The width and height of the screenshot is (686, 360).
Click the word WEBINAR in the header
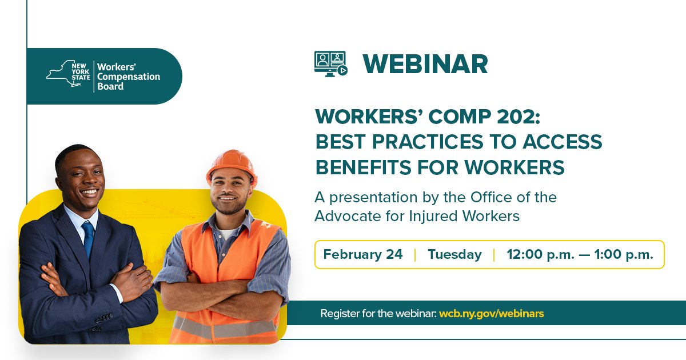pyautogui.click(x=425, y=64)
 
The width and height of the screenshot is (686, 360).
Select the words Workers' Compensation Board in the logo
pyautogui.click(x=128, y=76)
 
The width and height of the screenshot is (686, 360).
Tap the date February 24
pyautogui.click(x=363, y=254)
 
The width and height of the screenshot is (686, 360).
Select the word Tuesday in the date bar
pyautogui.click(x=454, y=254)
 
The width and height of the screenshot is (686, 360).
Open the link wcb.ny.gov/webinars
pyautogui.click(x=492, y=313)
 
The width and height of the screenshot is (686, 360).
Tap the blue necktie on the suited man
pyautogui.click(x=88, y=238)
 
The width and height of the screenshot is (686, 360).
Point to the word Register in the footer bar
pyautogui.click(x=340, y=313)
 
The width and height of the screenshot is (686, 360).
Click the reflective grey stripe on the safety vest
pyautogui.click(x=226, y=329)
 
